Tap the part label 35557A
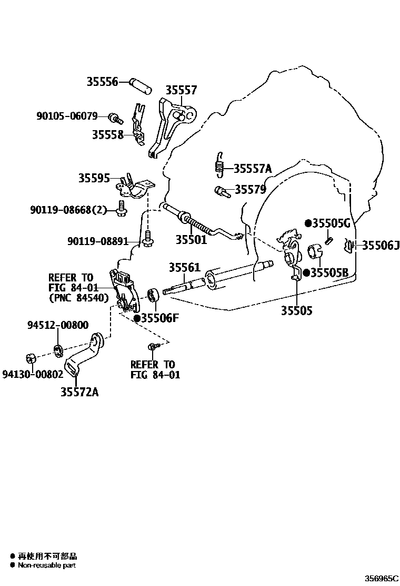point(252,169)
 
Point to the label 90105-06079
point(67,116)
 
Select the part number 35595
point(94,178)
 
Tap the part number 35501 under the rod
point(191,240)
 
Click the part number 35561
point(184,268)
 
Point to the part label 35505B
point(329,272)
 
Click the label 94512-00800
point(58,325)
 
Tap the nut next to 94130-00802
point(31,359)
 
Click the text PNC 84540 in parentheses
point(78,298)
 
